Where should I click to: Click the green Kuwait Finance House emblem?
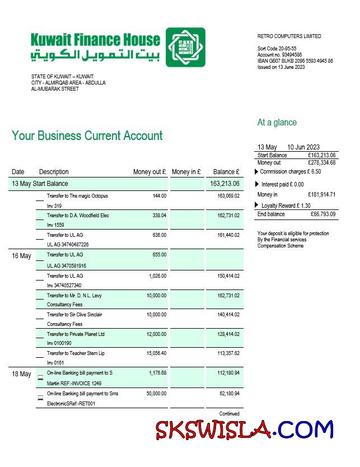pos(185,48)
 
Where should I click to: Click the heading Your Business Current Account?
pos(87,136)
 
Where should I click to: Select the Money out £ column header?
pos(149,172)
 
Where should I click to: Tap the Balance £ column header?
pos(226,172)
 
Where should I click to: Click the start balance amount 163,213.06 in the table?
pos(225,184)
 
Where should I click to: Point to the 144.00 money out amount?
pos(160,196)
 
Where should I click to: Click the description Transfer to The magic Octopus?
pos(77,196)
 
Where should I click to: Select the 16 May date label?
pos(21,256)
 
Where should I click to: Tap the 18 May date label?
pos(21,374)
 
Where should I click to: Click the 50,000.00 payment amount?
pos(155,394)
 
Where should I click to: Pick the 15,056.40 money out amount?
pos(155,353)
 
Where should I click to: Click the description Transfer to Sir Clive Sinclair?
pos(74,315)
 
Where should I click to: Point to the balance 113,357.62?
pos(228,353)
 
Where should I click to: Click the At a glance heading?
pos(277,123)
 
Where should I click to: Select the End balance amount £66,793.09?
pos(323,214)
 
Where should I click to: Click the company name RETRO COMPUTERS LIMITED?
pos(289,36)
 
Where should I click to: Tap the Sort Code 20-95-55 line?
pos(277,49)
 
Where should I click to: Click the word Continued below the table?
pos(229,414)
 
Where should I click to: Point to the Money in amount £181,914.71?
pos(321,195)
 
